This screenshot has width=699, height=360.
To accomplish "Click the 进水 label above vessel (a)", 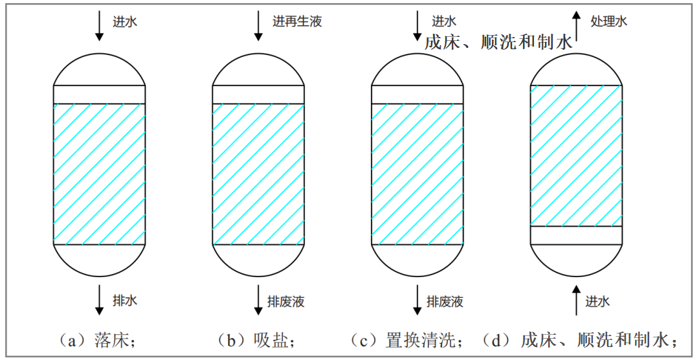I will coord(125,22).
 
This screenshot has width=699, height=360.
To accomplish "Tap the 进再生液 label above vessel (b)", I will coord(296,22).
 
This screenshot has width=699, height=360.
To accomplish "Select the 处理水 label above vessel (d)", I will coord(608,22).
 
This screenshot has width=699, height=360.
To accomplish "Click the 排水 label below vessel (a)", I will coord(125,300).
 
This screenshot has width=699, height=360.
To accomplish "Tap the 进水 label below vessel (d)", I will coord(597,301).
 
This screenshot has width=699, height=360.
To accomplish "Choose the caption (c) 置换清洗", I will coord(408,339).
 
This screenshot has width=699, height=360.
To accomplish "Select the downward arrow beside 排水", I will coord(99,298).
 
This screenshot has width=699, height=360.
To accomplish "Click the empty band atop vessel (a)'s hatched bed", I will coord(99,95).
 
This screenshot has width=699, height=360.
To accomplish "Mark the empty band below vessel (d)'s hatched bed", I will coord(576,234).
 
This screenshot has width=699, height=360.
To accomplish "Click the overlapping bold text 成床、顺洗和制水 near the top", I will coord(499,43).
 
